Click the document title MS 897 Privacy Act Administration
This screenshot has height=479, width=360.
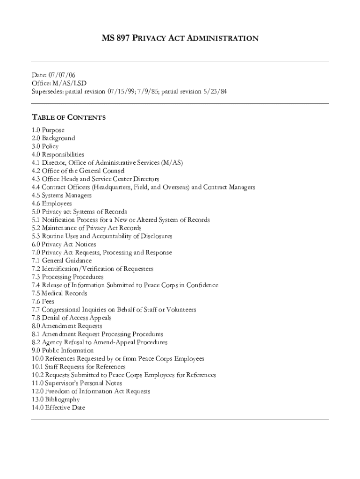click(180, 38)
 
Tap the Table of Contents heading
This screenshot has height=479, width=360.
click(68, 117)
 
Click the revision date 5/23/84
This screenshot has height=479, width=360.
click(215, 91)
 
